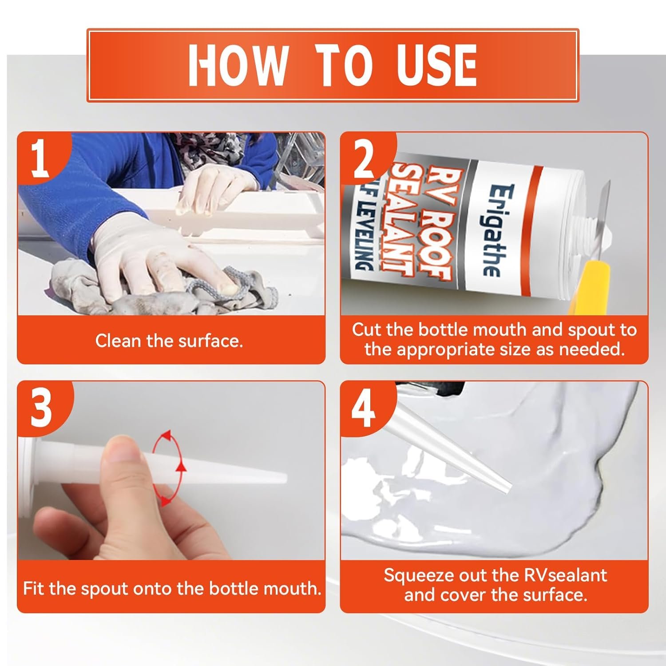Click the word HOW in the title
(x=238, y=65)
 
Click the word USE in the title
(x=430, y=65)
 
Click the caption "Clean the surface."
(x=169, y=341)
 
